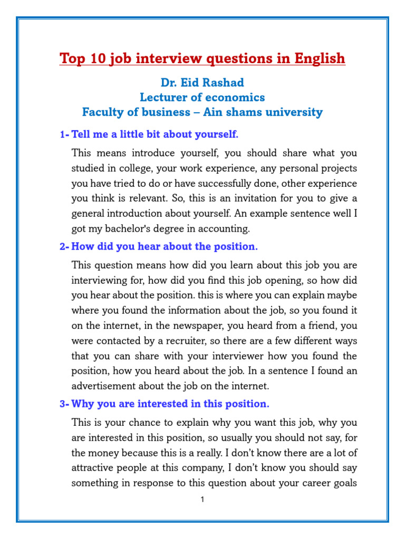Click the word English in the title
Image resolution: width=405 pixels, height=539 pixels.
point(316,58)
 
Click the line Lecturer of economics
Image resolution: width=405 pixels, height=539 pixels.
point(202,98)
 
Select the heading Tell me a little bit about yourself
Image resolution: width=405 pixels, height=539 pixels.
point(155,135)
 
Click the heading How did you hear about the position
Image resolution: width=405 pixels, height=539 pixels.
point(164,247)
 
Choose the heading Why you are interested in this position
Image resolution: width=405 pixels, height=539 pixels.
point(170,404)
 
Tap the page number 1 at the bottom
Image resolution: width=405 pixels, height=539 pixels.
point(202,500)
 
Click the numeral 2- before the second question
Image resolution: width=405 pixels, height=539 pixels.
point(64,247)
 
